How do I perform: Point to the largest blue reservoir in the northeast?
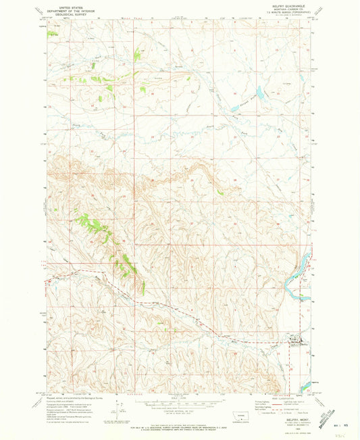pos(259,91)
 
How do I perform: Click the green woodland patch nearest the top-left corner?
pos(52,33)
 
